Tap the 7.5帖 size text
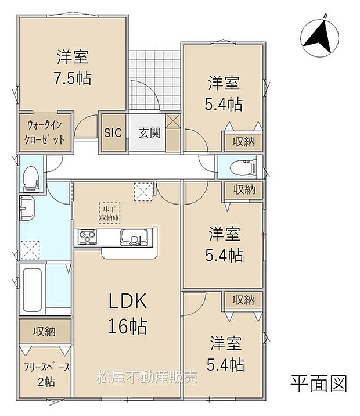point(73,78)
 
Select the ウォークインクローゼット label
point(45,132)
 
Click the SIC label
point(113,132)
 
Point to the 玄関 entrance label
point(147,132)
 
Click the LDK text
point(128,303)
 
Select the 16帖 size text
point(127,325)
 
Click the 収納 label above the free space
point(44,332)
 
